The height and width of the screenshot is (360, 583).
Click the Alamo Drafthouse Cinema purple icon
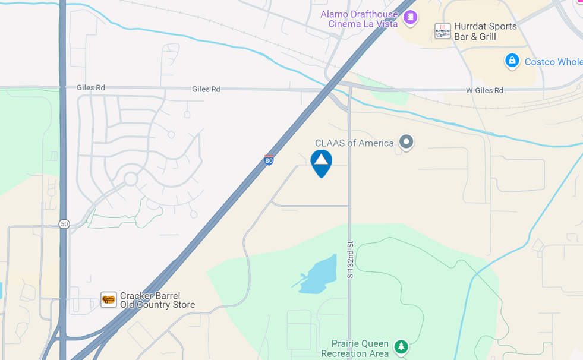pos(410,17)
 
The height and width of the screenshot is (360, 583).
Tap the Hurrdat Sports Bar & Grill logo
pos(442,31)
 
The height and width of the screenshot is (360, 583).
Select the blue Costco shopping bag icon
pos(512,61)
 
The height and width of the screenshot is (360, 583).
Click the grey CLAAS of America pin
pos(406,142)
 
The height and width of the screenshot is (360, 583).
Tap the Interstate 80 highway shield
pos(269,160)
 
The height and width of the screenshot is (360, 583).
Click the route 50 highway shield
pos(64,224)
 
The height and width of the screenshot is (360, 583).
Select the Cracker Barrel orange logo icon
pos(109,299)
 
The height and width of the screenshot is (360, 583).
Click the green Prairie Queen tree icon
pos(402,346)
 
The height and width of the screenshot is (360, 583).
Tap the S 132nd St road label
pos(350,260)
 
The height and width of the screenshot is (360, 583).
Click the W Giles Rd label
pos(484,90)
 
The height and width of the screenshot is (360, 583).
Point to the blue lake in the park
pos(318,276)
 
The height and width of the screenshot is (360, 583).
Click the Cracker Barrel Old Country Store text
pos(157,301)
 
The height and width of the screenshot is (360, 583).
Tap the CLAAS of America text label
pos(354,143)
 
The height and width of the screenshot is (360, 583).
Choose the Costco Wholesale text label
pos(553,62)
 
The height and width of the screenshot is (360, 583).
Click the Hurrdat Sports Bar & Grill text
pos(485,31)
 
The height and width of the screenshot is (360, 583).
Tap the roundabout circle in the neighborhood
pos(131,179)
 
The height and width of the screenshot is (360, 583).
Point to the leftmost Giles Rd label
pos(91,88)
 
